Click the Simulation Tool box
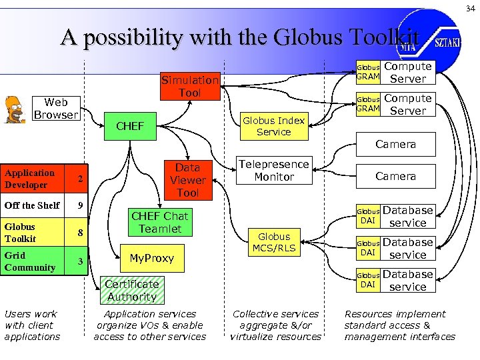pos(190,87)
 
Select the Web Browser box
pos(56,109)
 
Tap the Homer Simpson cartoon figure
pos(15,109)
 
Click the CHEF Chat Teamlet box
pos(159,223)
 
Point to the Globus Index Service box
pos(273,126)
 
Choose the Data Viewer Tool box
pos(187,180)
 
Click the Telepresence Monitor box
pos(274,171)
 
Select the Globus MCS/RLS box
pos(274,243)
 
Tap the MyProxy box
pos(151,258)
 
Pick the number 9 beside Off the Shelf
pos(80,205)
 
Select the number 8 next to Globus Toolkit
pos(80,233)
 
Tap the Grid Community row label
pos(30,261)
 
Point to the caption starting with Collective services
pos(275,325)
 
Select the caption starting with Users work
pos(32,325)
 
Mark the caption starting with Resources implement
pos(399,325)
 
